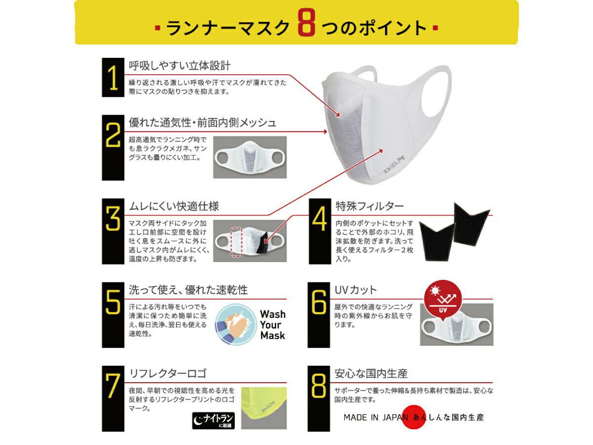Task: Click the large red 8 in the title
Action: (306, 22)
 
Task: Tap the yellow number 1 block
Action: (113, 77)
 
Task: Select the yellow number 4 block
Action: (320, 231)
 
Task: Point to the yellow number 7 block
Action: (113, 399)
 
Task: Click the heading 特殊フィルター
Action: (370, 206)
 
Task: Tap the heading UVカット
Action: (355, 290)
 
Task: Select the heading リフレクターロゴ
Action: (168, 373)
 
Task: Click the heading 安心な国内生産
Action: (371, 373)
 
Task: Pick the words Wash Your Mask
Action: (273, 325)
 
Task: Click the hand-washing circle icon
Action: (236, 324)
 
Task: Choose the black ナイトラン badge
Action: (213, 420)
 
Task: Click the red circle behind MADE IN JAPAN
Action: (413, 417)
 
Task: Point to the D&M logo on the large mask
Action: (394, 165)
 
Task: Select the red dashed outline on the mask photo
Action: (236, 242)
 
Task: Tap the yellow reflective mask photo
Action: (264, 408)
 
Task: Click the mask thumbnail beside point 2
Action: (250, 157)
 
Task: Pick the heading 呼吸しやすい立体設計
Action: (180, 66)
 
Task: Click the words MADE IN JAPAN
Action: (376, 417)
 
